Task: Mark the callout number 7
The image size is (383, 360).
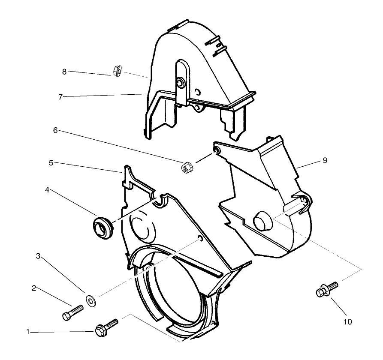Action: pos(60,97)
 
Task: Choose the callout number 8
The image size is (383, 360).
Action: pos(64,72)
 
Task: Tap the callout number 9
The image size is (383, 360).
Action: pos(325,160)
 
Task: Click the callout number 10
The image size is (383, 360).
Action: pos(347,321)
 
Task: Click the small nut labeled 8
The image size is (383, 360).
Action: pos(116,71)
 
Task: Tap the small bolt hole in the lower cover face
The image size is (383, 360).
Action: pos(200,238)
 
